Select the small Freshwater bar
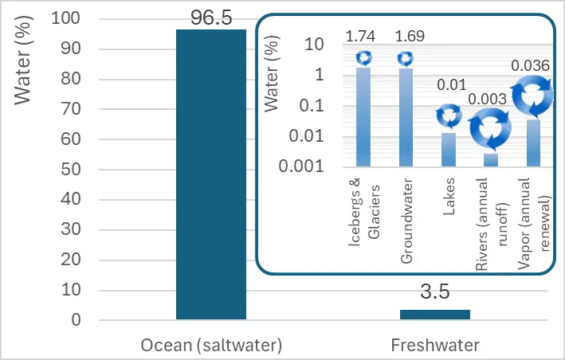tap(434, 315)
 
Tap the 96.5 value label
tap(210, 18)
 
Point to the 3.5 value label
tap(434, 292)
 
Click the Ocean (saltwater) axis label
tap(211, 345)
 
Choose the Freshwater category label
tap(434, 345)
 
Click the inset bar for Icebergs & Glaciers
tap(363, 116)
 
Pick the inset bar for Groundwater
tap(406, 117)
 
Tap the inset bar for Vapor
tap(533, 143)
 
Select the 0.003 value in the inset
tap(492, 99)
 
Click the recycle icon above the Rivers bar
tap(491, 129)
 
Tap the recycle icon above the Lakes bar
tap(449, 117)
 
